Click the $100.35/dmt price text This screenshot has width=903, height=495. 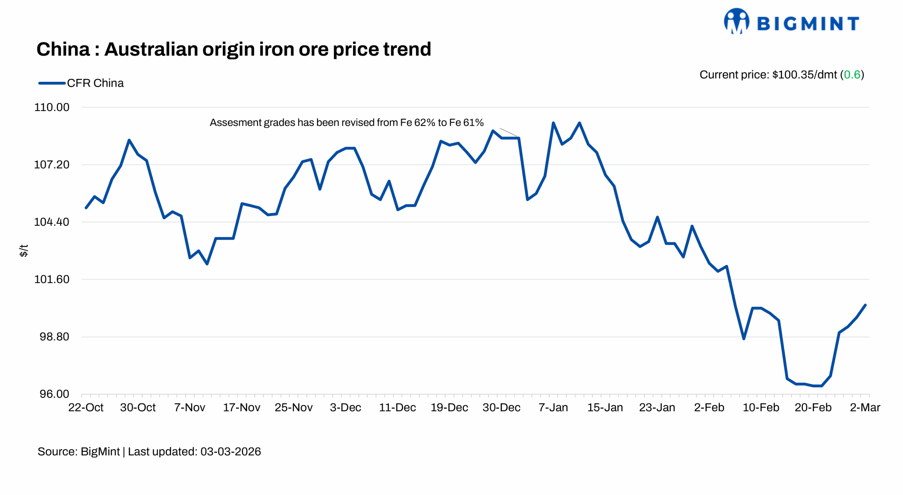[804, 75]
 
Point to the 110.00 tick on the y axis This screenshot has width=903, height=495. [51, 107]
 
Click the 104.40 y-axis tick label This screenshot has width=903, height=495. [51, 222]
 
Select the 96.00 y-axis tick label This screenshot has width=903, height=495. [54, 394]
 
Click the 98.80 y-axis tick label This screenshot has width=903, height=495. [54, 337]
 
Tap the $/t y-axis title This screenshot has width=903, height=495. [23, 250]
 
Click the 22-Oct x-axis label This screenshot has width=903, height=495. [86, 408]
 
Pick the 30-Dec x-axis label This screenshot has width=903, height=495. [501, 408]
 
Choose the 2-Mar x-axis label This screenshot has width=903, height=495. [865, 408]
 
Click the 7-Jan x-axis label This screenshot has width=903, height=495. [553, 408]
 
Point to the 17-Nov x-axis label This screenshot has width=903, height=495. [242, 408]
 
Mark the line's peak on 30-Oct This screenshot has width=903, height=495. [129, 140]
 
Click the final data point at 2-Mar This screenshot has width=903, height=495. [865, 305]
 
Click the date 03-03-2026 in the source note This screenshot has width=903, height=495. [230, 452]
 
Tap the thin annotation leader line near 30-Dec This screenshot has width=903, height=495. [508, 132]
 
